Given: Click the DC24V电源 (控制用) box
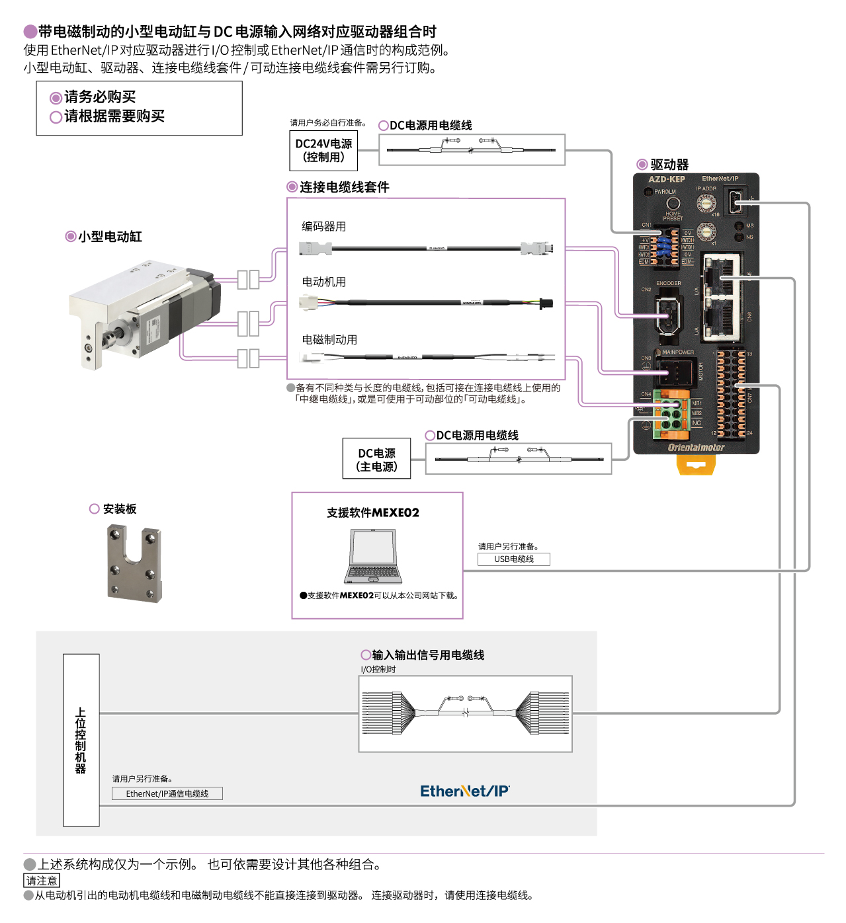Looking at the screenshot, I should pos(323,151).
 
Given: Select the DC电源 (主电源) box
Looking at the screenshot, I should pos(376,460).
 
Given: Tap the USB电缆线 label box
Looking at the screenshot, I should pos(514,559).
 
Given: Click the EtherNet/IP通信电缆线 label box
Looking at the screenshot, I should pos(167,793).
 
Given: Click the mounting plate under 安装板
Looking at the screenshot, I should pos(134,563).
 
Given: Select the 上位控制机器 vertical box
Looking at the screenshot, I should pos(81,740).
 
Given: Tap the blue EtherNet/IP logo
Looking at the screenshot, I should pos(464,791).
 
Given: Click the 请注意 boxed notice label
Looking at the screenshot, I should pos(42,881).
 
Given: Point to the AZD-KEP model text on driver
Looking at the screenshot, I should pos(666,179).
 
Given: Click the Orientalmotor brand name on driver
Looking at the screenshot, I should pos(696,448).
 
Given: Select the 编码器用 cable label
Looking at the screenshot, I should pos(323,227).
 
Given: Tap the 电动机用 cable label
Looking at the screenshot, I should pos(323,282).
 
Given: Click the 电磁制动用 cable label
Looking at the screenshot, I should pos(329,340).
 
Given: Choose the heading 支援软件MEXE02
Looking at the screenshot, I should pos(372,513).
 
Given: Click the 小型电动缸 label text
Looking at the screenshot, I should pos(110,237).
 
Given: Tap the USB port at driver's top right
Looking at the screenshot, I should pos(736,202).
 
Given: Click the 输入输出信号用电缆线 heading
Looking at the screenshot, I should pos(428,655).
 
